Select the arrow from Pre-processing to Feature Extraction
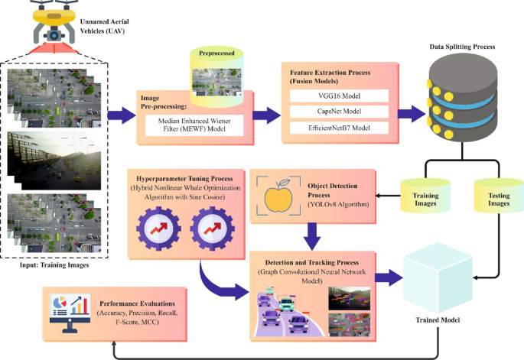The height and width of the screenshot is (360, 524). click(265, 116)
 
